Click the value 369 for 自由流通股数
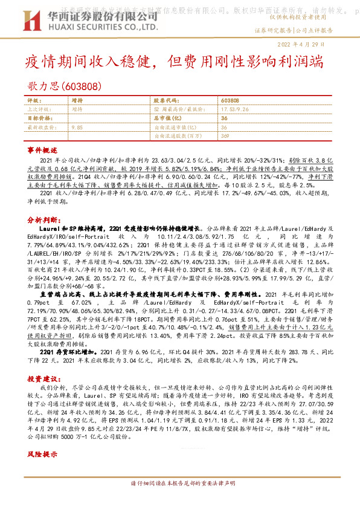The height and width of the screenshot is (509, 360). (x=225, y=137)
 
